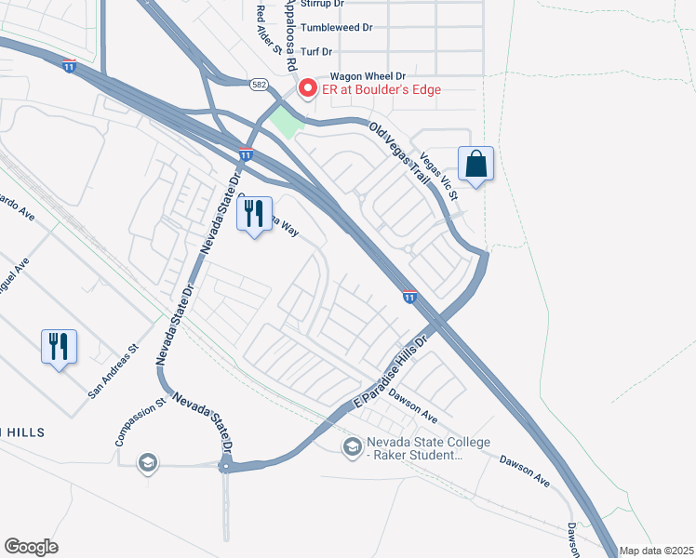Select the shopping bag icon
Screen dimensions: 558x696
point(475,164)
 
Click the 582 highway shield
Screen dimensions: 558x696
point(261,84)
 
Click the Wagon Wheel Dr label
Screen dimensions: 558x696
point(368,76)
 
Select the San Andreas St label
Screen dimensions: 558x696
point(113,371)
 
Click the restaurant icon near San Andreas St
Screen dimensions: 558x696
point(60,346)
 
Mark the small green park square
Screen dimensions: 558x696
point(286,122)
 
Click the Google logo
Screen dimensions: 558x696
point(32,547)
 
